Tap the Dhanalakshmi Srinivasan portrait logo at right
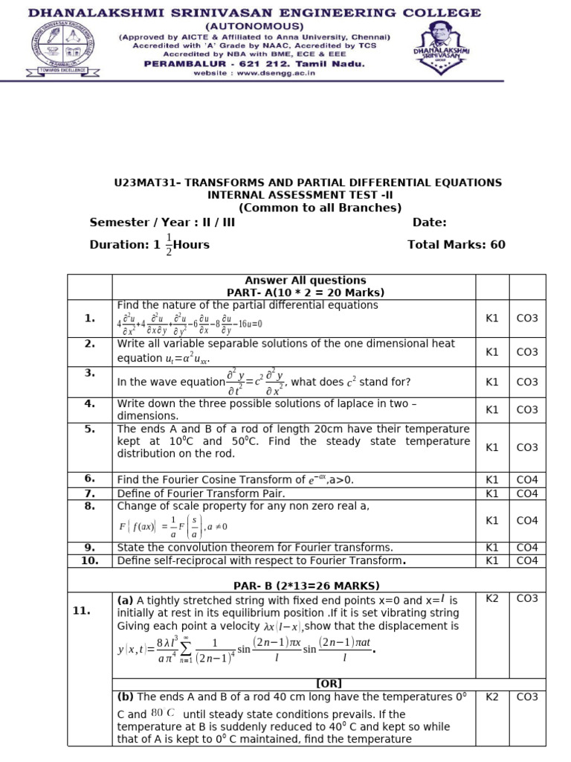(441, 45)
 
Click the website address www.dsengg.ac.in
(254, 73)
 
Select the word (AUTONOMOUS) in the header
(254, 25)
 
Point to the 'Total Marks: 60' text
(456, 244)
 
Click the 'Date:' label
(429, 222)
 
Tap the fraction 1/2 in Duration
(169, 245)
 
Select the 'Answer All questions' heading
(294, 281)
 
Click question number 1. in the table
(90, 318)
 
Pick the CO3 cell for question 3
(527, 382)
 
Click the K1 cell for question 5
(491, 447)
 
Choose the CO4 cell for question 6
(527, 480)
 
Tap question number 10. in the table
(90, 560)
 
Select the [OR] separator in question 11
(329, 683)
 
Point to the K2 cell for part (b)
(491, 697)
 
